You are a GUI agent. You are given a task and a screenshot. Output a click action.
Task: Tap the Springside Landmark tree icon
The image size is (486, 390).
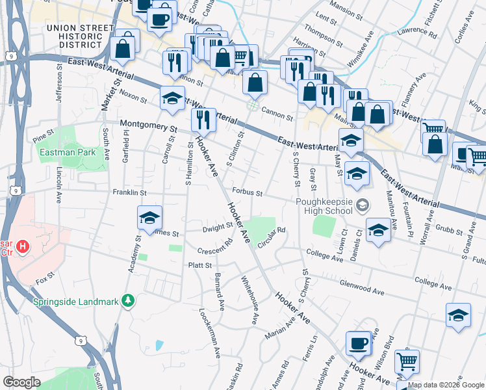pos(129,301)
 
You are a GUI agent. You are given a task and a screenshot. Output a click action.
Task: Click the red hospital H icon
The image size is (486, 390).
pos(23,246)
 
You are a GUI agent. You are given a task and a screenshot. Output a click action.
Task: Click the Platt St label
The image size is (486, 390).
pos(200,265)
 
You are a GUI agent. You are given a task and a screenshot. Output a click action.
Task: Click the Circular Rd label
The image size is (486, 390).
pos(272,238)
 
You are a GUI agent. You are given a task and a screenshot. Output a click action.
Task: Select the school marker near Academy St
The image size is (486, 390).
pos(149,218)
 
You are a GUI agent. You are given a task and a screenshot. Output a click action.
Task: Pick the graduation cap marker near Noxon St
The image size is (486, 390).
pos(172,98)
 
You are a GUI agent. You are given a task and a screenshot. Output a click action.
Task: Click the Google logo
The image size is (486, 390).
pos(22,382)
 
